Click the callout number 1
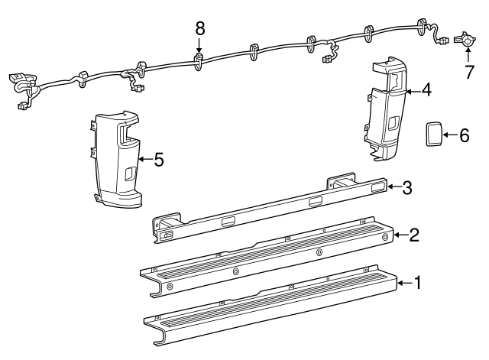tap(418, 283)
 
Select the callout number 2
tap(413, 235)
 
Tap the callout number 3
tap(408, 186)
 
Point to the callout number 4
tap(426, 90)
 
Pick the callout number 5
tap(158, 160)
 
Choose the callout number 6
tap(464, 136)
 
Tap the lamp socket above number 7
tap(465, 40)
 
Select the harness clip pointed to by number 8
tap(199, 60)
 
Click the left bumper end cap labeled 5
tap(117, 161)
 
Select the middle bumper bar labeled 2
tap(267, 256)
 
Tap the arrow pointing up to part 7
tap(468, 56)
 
